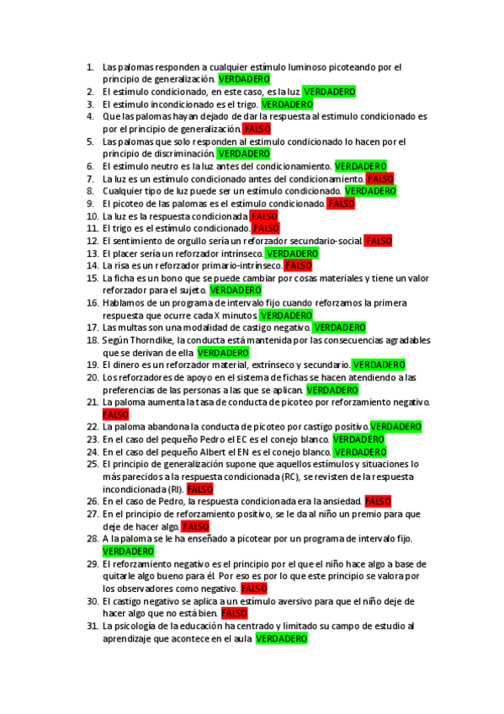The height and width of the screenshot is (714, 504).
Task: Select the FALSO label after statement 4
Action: (x=254, y=129)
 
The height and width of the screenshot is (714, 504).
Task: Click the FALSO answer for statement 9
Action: (x=341, y=204)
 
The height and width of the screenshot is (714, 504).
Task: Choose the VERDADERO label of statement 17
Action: (x=339, y=328)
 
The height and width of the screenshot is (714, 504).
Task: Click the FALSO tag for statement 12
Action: (x=378, y=241)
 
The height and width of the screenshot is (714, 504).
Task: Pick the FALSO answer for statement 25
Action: (x=199, y=489)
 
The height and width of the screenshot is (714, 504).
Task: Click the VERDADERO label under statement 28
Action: (x=128, y=551)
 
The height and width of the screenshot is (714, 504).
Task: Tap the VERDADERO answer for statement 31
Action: (x=282, y=639)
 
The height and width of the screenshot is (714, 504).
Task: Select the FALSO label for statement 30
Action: (x=234, y=614)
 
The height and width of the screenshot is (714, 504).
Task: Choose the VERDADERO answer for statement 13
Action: (x=292, y=253)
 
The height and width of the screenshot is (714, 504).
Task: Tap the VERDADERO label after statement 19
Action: (x=378, y=365)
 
